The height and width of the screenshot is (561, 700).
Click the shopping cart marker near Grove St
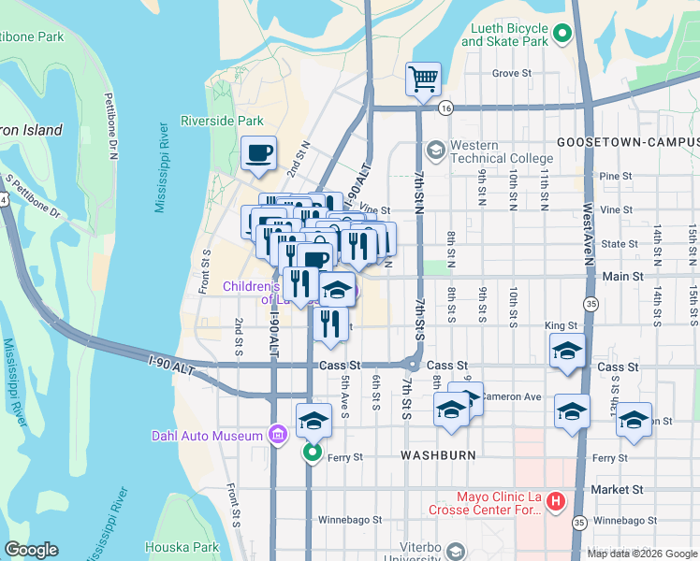click(423, 79)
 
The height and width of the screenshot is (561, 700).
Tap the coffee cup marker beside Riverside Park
click(258, 153)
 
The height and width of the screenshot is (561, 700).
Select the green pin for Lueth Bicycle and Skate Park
click(561, 36)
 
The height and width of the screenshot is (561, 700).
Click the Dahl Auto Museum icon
click(277, 435)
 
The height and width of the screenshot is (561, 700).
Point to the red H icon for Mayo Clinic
click(556, 503)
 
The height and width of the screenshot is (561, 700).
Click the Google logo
click(31, 550)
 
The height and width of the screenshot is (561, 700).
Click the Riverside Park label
click(222, 121)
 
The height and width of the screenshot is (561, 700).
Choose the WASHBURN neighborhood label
click(439, 455)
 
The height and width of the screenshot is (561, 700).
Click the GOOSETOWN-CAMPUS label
click(627, 141)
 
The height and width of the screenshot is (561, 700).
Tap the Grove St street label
click(512, 73)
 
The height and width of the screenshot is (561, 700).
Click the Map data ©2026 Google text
click(642, 553)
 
